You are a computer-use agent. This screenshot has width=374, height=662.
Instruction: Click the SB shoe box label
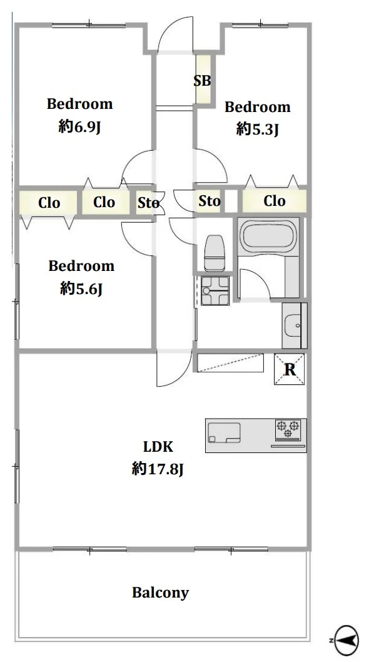coord(202,81)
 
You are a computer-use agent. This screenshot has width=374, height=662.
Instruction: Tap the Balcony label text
coord(160,593)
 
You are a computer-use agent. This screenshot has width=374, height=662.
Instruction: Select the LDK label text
coord(158,446)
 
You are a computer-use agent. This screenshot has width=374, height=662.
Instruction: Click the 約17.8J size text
coord(158,469)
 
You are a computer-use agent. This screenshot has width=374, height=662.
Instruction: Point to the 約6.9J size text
coord(79,126)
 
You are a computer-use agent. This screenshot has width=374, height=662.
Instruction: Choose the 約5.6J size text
coord(81,289)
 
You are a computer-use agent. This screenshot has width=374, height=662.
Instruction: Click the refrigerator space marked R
coord(290,369)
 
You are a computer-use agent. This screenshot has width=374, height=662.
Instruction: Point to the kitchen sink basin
coord(225,433)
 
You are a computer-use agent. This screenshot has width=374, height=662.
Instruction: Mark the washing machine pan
coord(215,290)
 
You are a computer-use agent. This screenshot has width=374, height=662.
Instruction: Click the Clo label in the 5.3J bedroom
coord(275,201)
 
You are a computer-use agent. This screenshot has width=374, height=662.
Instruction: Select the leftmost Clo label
coord(49,203)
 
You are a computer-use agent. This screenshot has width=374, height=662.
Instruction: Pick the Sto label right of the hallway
coord(210,201)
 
